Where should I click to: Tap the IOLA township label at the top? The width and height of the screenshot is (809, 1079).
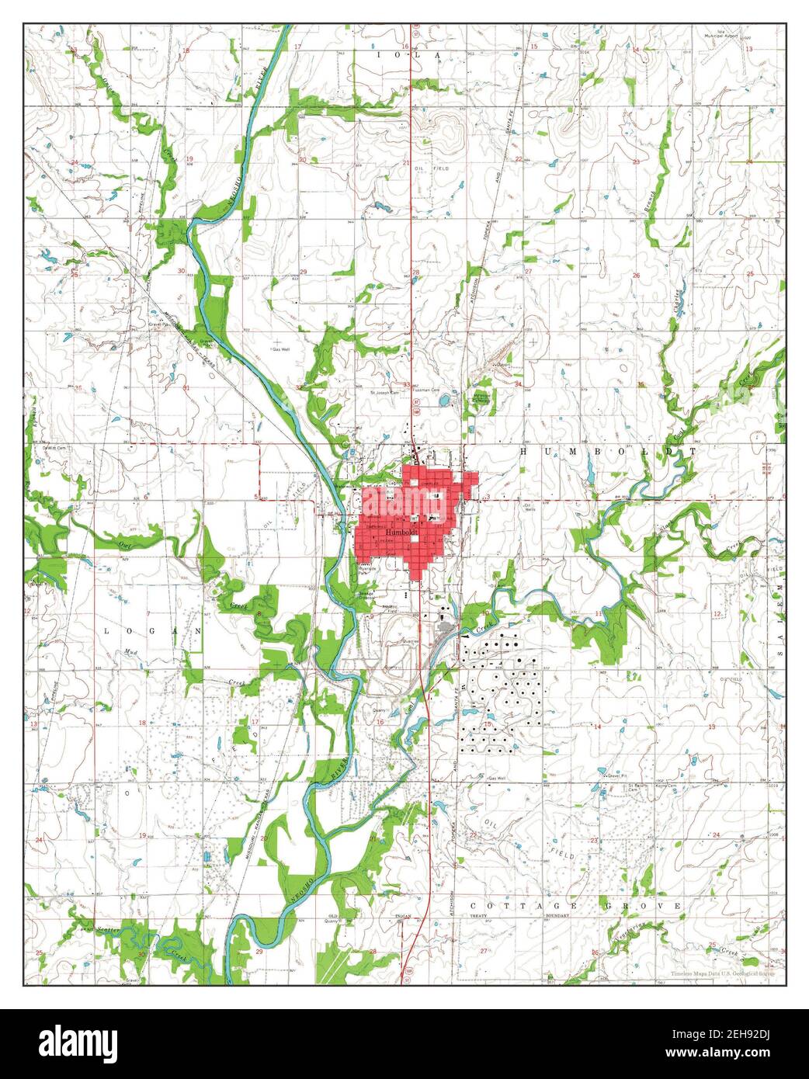pos(408,55)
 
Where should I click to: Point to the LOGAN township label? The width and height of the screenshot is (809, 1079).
pos(152,632)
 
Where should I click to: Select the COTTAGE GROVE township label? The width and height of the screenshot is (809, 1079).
pos(576,906)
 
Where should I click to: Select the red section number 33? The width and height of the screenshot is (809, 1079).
pos(406,384)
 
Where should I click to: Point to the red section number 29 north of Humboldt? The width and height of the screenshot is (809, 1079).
pos(304,272)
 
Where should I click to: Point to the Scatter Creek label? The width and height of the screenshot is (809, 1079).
pos(101,929)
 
